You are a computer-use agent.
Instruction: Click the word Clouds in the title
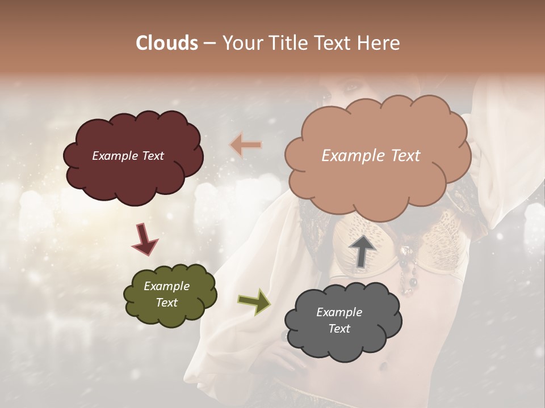pos(167,43)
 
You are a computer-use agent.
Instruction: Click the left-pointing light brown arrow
pos(246,145)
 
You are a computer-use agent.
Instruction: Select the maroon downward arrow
pos(145,240)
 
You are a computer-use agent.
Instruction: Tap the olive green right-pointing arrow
pos(254,300)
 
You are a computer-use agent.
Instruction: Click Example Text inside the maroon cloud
pos(128,156)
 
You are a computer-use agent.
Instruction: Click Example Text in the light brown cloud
pos(371,156)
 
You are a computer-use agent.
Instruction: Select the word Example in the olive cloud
pos(166,286)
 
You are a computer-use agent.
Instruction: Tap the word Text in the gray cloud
pos(339,329)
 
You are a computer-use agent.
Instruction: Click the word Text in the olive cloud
pos(167,303)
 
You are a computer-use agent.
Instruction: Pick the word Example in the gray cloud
pos(339,312)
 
